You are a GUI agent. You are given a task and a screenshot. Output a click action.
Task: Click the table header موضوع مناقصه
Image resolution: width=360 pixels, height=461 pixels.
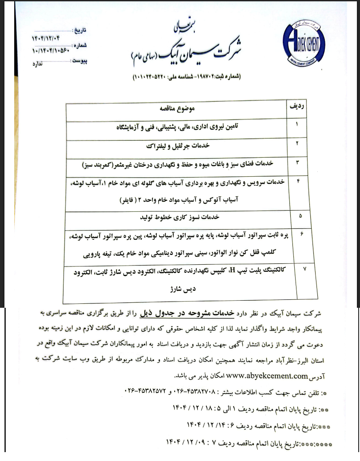(177, 108)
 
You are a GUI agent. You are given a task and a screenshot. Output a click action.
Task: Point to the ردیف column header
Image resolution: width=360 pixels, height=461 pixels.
(296, 107)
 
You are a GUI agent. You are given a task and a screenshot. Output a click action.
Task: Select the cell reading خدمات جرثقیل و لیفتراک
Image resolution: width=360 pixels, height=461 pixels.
(177, 145)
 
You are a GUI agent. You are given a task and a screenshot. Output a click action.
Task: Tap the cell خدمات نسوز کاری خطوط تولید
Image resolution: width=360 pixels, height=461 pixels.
(177, 217)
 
